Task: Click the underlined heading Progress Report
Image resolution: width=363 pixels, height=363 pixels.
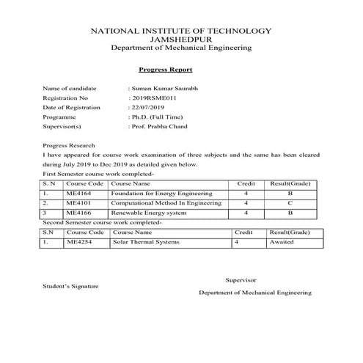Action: pos(165,70)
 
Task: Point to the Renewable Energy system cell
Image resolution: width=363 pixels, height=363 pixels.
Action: pos(145,212)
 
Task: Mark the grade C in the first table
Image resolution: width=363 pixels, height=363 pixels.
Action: pos(290,202)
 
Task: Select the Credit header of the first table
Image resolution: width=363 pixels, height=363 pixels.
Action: pos(246,183)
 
